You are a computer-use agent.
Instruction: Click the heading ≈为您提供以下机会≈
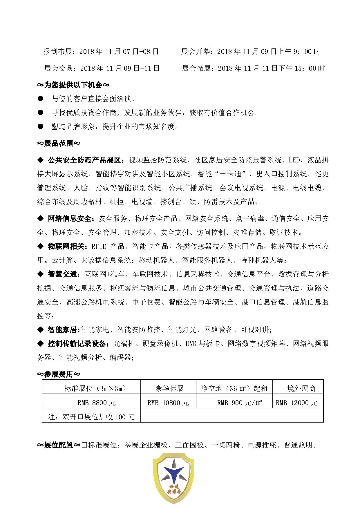click(x=73, y=85)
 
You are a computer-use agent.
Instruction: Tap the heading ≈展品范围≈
click(x=59, y=143)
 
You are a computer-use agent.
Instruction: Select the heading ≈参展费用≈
click(x=59, y=374)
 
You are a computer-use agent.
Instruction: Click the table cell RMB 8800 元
click(x=97, y=403)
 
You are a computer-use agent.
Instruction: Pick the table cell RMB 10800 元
click(x=168, y=403)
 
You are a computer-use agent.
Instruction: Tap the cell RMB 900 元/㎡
click(x=240, y=403)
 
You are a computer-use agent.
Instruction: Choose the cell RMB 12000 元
click(x=296, y=403)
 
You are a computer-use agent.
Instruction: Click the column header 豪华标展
click(x=169, y=388)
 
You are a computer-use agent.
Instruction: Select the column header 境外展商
click(x=301, y=388)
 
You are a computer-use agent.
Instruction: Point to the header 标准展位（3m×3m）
click(x=95, y=388)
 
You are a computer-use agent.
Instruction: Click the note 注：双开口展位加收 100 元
click(x=91, y=417)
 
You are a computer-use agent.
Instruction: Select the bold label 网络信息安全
click(x=70, y=218)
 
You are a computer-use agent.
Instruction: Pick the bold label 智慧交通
click(x=62, y=274)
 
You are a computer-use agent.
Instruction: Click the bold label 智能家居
click(x=62, y=330)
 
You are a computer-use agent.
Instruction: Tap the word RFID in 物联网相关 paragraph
click(x=99, y=247)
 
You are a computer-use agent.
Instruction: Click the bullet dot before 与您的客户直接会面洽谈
click(x=40, y=99)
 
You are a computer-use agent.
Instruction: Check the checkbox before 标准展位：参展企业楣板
click(x=84, y=445)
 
